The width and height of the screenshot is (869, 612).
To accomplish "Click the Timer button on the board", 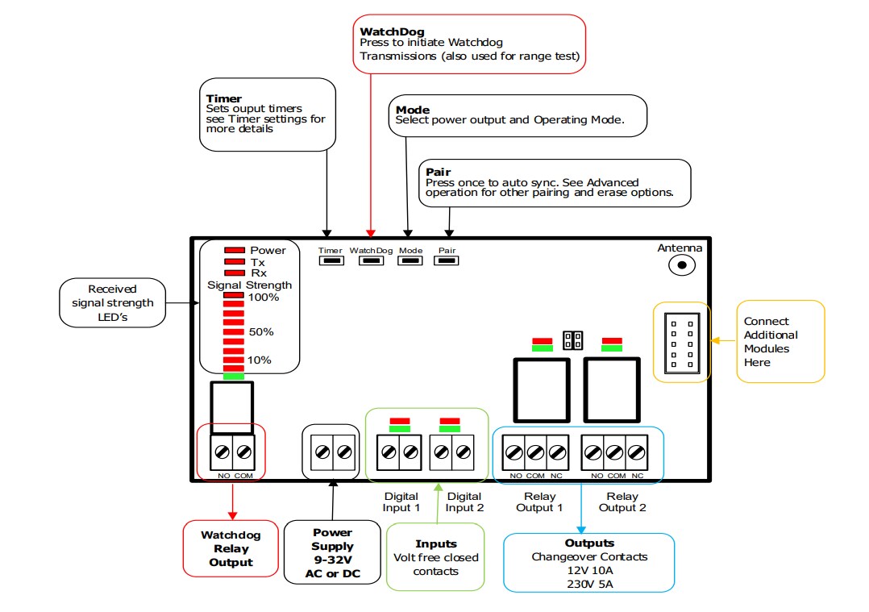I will point(331,260).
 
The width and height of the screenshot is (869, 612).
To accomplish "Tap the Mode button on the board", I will point(410,260).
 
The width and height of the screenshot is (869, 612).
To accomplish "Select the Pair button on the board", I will point(447,260).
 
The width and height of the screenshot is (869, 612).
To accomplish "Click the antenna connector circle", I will point(684,264).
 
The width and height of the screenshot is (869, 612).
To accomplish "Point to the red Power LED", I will point(235,251).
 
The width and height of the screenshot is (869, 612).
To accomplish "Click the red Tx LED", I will point(235,262).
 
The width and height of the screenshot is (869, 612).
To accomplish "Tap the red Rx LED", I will point(235,273).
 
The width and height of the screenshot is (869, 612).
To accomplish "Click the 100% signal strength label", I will point(264,298).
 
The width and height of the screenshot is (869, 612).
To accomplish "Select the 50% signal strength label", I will point(261,331).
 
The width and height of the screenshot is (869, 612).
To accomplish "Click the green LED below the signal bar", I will point(234,377).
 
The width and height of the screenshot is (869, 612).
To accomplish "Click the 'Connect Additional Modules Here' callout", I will point(780,342).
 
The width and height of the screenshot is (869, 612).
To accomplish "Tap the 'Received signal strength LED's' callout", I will point(112,302).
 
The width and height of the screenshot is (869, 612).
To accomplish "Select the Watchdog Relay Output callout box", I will point(231,548).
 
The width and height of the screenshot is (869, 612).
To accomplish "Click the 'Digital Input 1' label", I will point(401,502).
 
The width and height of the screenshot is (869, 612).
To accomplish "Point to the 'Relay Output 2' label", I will point(622,502).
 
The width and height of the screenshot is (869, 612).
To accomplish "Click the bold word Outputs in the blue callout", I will point(589,543).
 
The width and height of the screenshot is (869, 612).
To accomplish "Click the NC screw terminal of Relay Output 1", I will point(557,453).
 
